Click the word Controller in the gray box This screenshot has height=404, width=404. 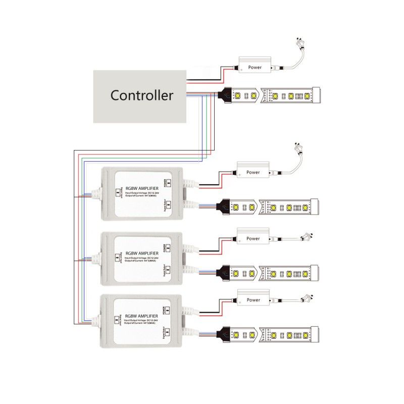pos(142,95)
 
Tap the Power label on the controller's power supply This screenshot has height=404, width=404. pos(255,67)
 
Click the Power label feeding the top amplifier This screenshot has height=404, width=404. pos(253,172)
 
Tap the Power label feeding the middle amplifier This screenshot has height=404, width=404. pos(253,238)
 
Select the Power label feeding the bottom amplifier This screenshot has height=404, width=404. pos(253,300)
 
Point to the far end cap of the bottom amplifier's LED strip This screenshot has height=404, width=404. pos(315,334)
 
